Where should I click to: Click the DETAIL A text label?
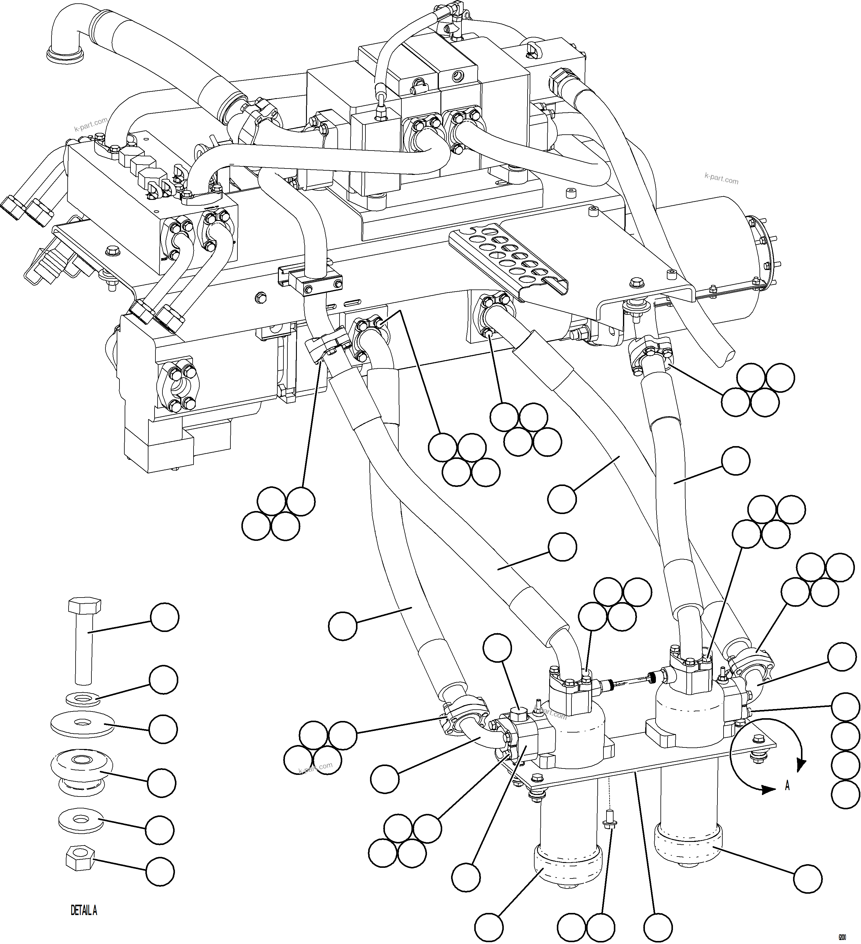pyautogui.click(x=84, y=923)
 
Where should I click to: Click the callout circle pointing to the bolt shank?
pyautogui.click(x=164, y=618)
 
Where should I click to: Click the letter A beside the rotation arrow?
pyautogui.click(x=788, y=786)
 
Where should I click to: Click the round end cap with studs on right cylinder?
pyautogui.click(x=759, y=253)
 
